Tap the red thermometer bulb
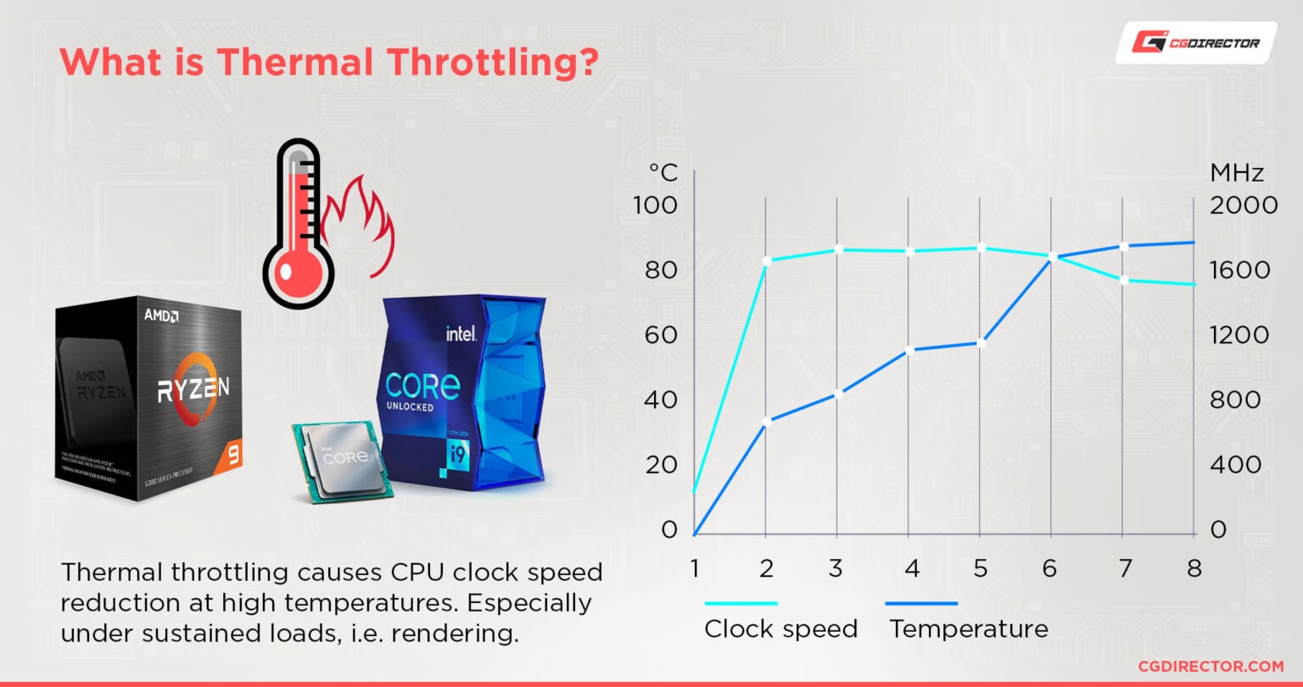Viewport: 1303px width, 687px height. (292, 272)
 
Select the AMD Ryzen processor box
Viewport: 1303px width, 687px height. (148, 399)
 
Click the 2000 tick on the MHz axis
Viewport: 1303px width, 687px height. (1244, 205)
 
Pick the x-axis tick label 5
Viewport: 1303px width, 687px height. (980, 568)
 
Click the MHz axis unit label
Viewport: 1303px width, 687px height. (1237, 173)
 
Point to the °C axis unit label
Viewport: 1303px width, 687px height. (663, 173)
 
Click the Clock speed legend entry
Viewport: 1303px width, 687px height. (780, 628)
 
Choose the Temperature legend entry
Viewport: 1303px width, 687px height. (968, 628)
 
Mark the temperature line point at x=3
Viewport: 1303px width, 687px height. (837, 394)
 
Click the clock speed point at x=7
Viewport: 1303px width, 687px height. (1122, 280)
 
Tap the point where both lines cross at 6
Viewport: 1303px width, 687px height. (1051, 256)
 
